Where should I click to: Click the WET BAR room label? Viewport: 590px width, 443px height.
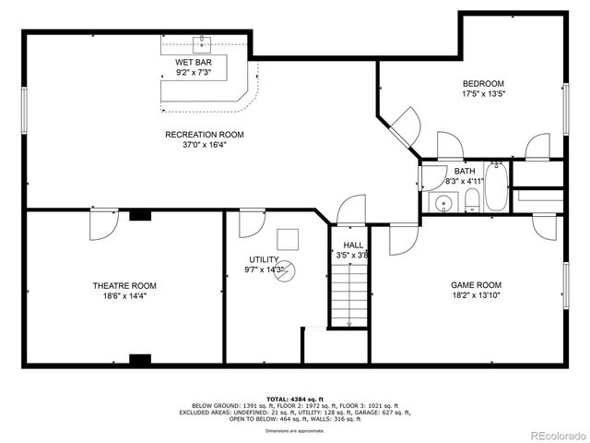coord(194,62)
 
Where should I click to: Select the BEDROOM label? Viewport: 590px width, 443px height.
coord(483,83)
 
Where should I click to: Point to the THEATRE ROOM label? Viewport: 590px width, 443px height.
coord(124,286)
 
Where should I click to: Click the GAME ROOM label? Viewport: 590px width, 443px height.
coord(475,285)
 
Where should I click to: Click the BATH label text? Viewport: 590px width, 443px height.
coord(464,171)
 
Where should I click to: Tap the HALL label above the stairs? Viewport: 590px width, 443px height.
coord(353,245)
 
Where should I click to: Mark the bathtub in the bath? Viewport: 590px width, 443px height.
coord(495,186)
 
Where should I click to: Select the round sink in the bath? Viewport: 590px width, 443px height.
coord(443,203)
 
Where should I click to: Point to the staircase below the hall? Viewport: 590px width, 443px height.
coord(349,293)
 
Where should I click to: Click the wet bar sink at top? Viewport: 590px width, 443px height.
coord(200,43)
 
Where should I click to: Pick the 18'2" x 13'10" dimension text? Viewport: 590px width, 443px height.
coord(475,296)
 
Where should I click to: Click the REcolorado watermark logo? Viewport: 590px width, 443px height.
coord(555,434)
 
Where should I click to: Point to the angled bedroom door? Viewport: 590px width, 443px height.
coord(403,124)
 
